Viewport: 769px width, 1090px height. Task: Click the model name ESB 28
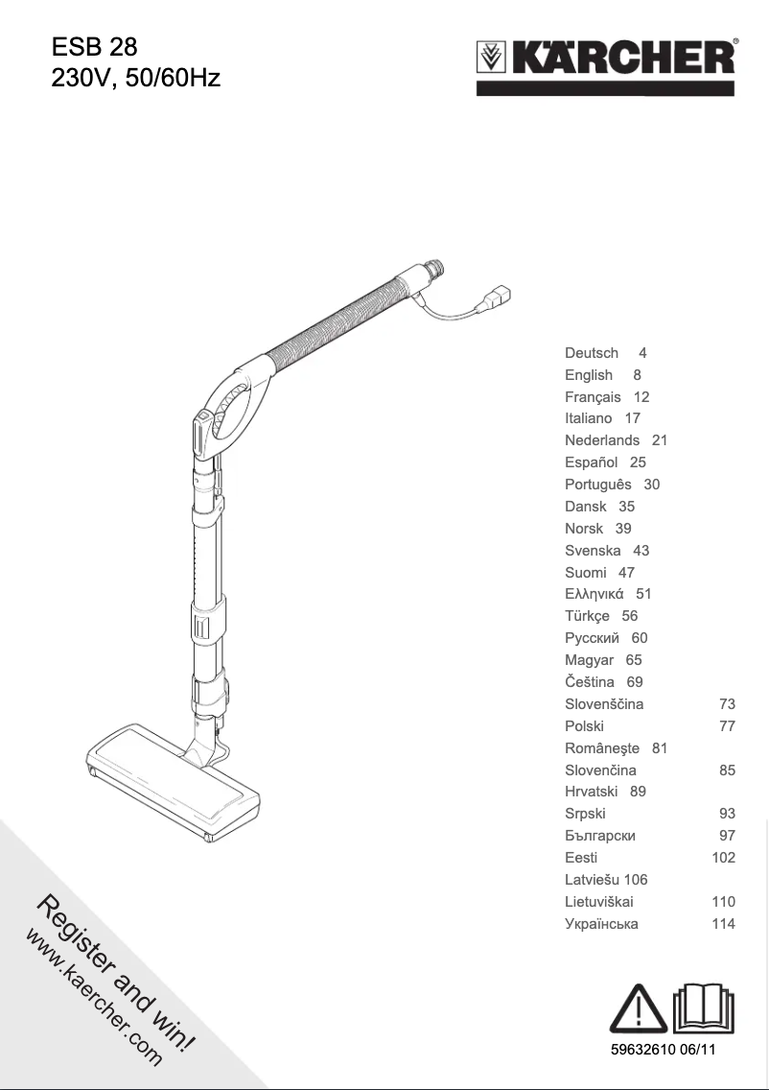(x=94, y=47)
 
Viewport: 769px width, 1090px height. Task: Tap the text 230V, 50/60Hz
(x=135, y=77)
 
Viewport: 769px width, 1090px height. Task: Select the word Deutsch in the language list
(x=592, y=353)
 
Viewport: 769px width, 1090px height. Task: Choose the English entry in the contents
(x=589, y=375)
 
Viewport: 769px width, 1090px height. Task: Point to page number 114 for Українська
(x=723, y=924)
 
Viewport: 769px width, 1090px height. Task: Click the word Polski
(x=584, y=726)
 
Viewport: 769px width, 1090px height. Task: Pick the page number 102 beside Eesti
(x=723, y=858)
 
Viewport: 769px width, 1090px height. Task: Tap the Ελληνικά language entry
(x=594, y=594)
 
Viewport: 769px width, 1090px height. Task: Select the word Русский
(x=592, y=638)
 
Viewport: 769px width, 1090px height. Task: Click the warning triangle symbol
(x=640, y=1009)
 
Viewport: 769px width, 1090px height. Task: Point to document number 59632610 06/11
(x=664, y=1051)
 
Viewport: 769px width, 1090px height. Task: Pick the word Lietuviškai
(x=598, y=902)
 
